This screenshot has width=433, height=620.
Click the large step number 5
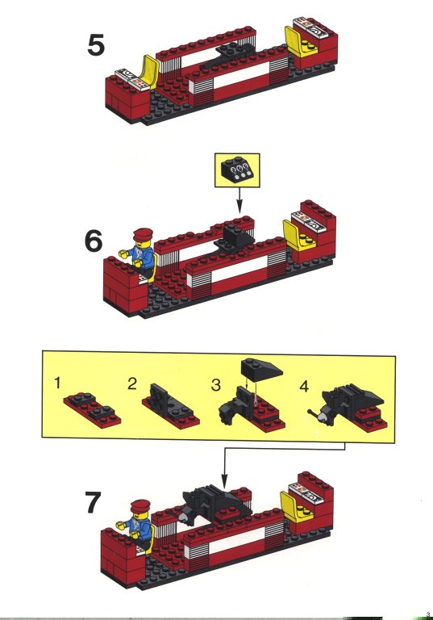[x=96, y=45]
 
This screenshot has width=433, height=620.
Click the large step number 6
[x=94, y=241]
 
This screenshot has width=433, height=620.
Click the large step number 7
[x=94, y=502]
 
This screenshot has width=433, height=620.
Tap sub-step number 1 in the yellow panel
[x=58, y=383]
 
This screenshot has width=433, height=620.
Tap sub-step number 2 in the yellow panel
[x=132, y=383]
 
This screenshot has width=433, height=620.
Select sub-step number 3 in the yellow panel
[x=216, y=385]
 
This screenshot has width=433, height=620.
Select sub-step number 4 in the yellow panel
[x=304, y=387]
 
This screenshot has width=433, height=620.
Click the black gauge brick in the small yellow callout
[x=237, y=170]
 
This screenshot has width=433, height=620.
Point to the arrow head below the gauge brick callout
[x=239, y=208]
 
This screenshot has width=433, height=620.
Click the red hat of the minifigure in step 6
[x=142, y=234]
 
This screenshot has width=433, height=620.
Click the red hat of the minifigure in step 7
[x=140, y=505]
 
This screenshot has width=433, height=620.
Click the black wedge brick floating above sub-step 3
[x=261, y=368]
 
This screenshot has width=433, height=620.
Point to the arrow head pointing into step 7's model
[x=224, y=483]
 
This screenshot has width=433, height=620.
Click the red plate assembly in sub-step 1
[x=93, y=408]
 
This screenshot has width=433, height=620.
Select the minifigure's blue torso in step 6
[x=144, y=256]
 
